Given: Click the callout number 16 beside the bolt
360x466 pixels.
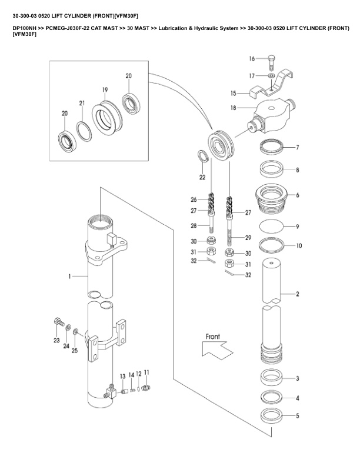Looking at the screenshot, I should (252, 58).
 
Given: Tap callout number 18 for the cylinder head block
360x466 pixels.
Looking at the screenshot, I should (234, 108).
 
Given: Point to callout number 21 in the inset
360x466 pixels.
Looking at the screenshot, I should (82, 103).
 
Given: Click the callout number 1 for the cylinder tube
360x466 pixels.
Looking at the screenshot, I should (69, 275).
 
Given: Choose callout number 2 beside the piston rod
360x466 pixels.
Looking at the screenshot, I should (298, 294).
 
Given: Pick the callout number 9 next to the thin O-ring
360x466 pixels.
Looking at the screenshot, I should (298, 226).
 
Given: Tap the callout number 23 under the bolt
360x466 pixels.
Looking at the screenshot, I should (56, 340).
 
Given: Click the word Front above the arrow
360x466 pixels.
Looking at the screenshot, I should (212, 337).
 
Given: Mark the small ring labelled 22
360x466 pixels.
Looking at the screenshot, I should (201, 156).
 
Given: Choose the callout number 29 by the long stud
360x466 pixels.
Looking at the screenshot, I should (248, 238).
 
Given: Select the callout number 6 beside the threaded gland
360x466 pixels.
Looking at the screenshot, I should (298, 195).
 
